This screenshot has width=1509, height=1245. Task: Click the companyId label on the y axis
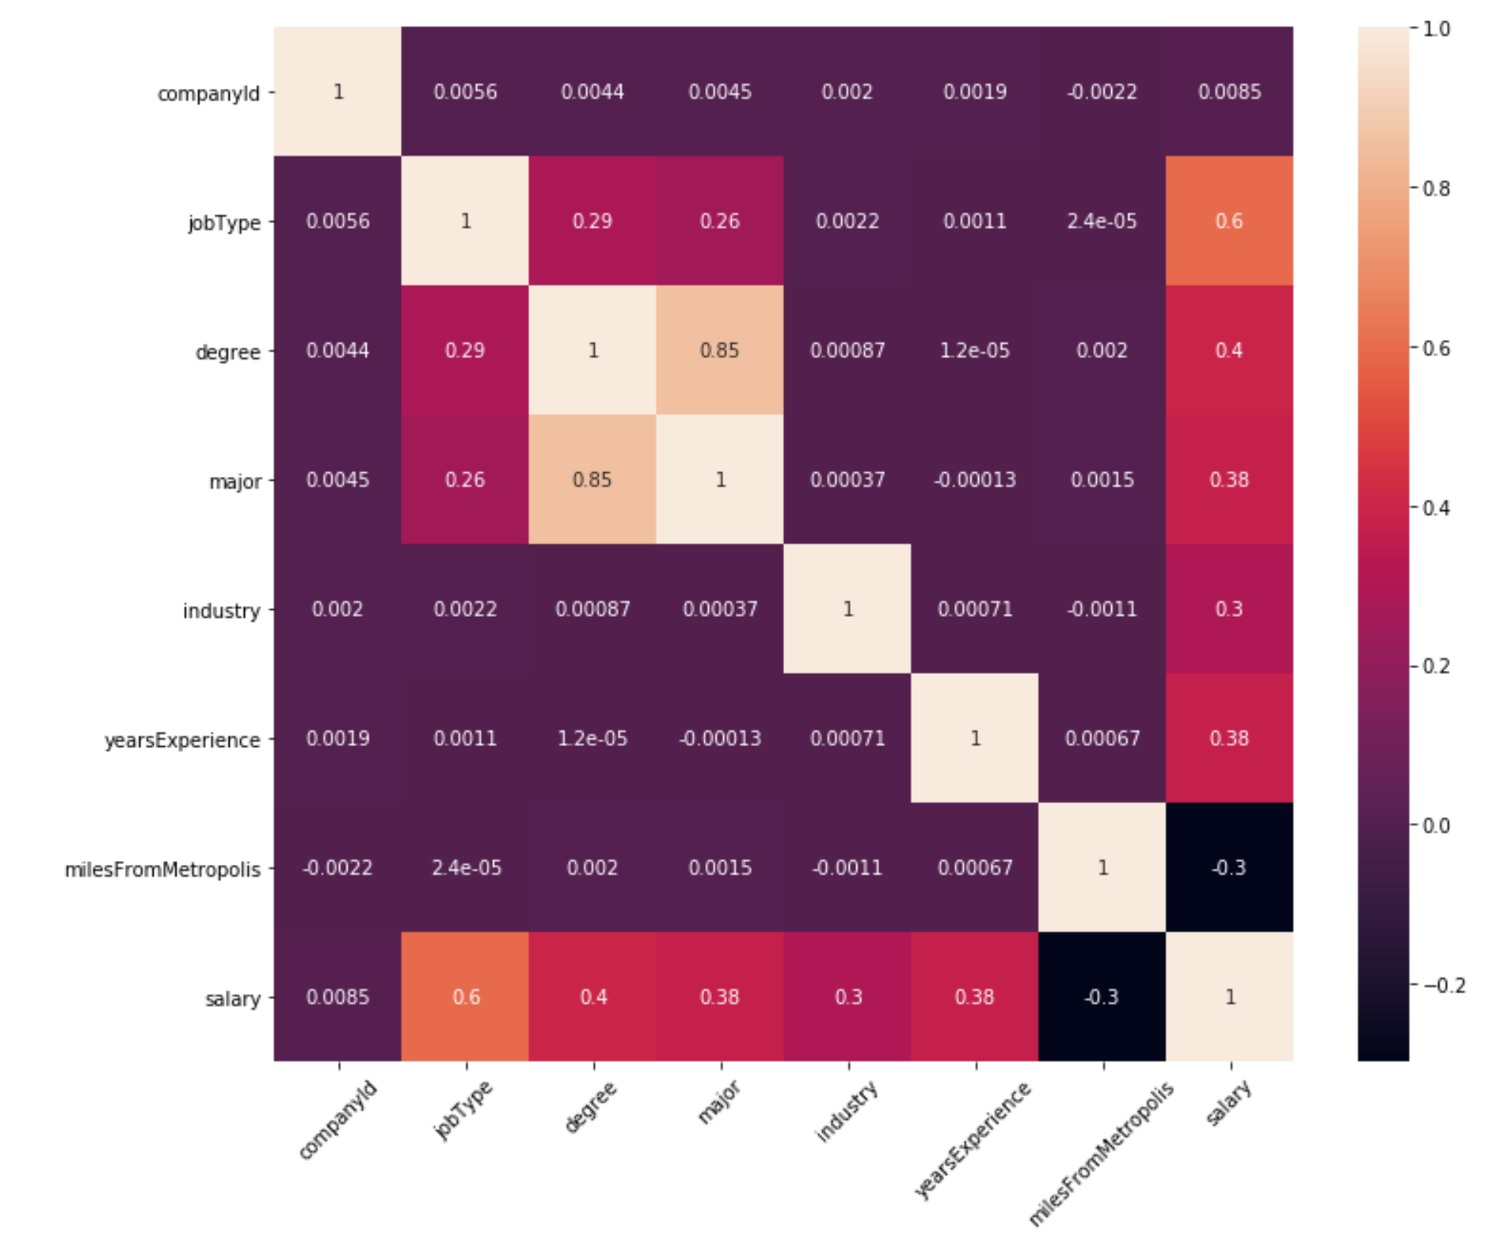[x=208, y=94]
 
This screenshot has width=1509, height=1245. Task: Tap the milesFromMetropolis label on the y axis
[x=163, y=869]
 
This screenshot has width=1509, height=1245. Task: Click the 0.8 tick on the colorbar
[x=1435, y=189]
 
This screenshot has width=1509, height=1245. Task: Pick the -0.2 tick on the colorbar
[x=1443, y=986]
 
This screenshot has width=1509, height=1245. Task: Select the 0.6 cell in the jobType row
[x=1229, y=221]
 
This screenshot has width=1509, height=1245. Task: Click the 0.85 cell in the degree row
[x=720, y=351]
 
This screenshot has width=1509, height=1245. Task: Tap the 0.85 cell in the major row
[x=592, y=480]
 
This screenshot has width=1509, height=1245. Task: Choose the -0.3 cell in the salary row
[x=1101, y=997]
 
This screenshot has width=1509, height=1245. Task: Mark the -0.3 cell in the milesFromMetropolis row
[x=1229, y=868]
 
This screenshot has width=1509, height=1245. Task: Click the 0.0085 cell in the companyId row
[x=1229, y=92]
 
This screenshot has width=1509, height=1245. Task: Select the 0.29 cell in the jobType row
[x=592, y=221]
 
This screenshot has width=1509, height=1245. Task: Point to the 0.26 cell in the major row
[x=465, y=480]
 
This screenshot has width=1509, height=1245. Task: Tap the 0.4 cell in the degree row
[x=1229, y=351]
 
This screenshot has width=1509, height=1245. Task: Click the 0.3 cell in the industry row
[x=1229, y=609]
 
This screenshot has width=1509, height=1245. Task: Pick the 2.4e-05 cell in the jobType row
[x=1101, y=221]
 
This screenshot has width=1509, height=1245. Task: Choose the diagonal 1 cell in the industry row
[x=847, y=609]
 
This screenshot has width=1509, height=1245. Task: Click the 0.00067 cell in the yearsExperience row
[x=1101, y=738]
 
